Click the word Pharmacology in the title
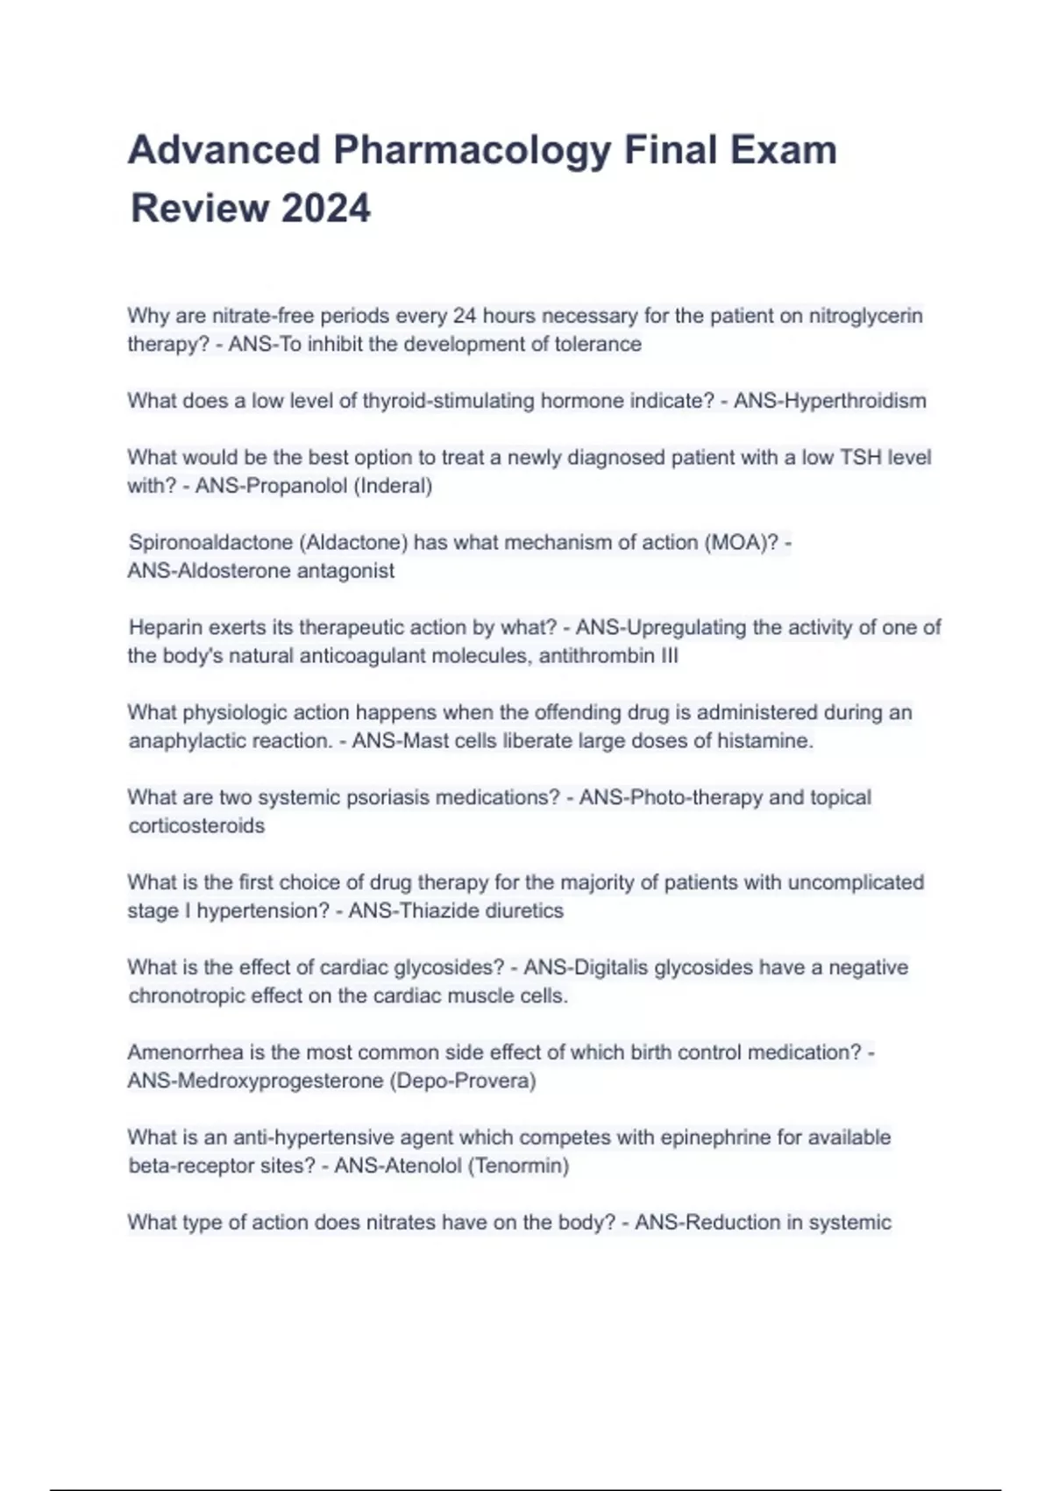[472, 150]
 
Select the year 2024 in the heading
[326, 209]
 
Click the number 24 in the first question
[465, 316]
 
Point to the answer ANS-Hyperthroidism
[829, 401]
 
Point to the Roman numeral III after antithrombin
[670, 656]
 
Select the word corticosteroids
[196, 826]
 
